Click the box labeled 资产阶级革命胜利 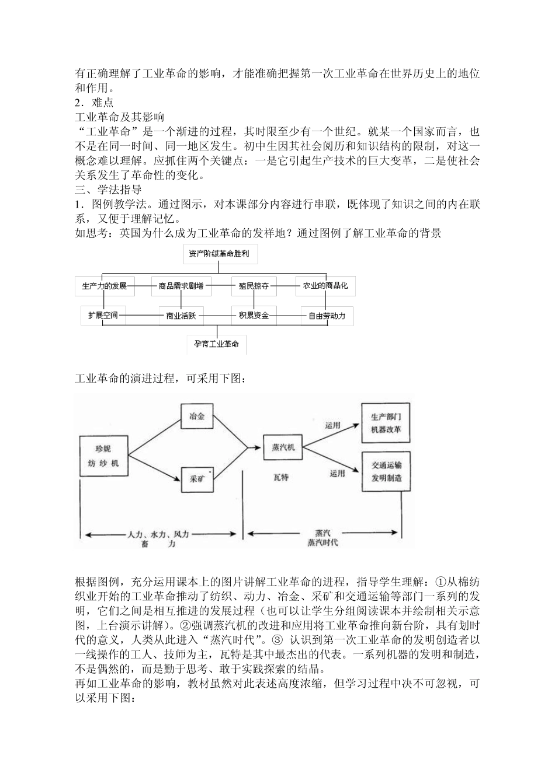[220, 254]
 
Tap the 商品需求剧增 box [181, 286]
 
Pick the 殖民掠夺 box [253, 286]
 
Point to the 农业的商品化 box [325, 286]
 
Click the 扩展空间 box [103, 316]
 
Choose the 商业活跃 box [181, 316]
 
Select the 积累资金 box [254, 316]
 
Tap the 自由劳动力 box [327, 316]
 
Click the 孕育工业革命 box [217, 344]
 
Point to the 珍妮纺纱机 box [103, 456]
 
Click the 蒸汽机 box [283, 448]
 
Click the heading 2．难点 [95, 103]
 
